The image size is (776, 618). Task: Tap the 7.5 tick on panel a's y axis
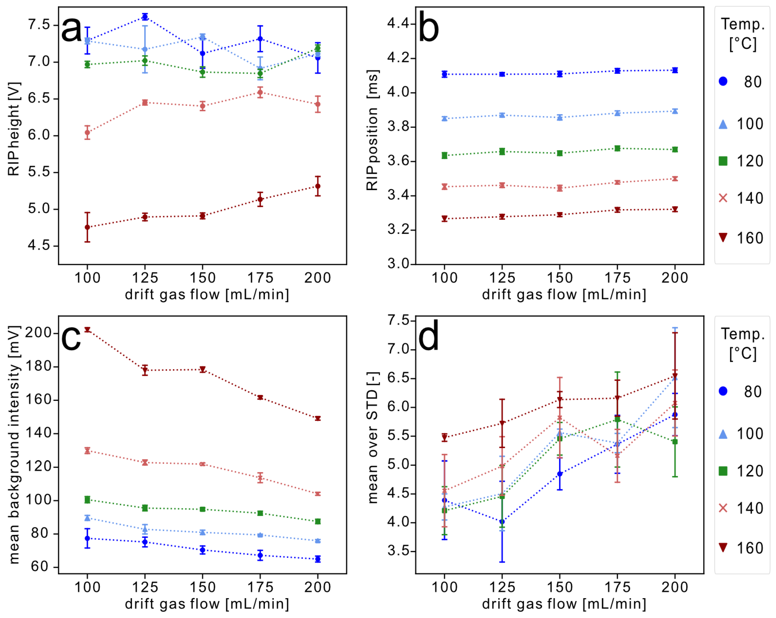(39, 25)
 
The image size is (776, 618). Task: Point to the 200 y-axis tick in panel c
(39, 333)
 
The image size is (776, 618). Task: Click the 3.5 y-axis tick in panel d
(399, 551)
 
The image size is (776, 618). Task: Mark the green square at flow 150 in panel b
(560, 153)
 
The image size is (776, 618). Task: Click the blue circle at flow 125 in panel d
(502, 522)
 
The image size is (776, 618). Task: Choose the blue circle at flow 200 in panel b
(675, 70)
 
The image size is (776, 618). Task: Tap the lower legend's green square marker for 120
(723, 471)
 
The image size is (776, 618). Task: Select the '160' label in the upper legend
(750, 238)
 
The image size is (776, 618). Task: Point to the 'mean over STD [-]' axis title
(373, 437)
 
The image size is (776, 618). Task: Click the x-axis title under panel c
(207, 604)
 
